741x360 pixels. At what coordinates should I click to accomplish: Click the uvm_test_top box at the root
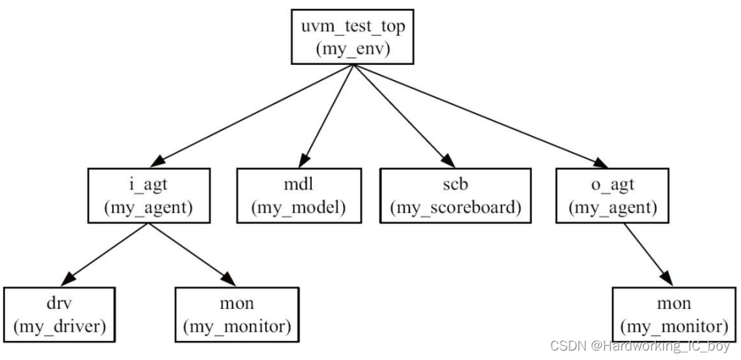pos(353,37)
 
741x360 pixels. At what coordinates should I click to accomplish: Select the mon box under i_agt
pos(236,314)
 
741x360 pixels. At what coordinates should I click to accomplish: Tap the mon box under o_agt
pos(670,314)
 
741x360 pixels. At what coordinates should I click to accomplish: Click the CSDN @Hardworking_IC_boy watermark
pos(639,345)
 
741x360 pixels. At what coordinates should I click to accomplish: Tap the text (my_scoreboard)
pos(455,207)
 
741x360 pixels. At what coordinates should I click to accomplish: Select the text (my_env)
pos(353,49)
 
